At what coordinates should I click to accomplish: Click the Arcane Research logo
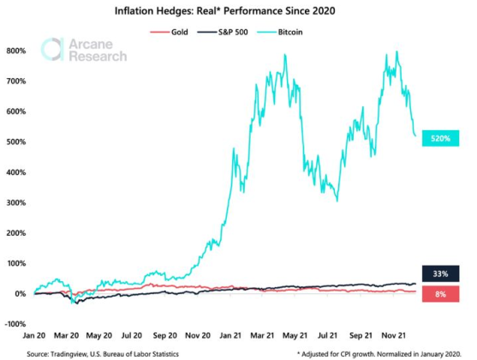[85, 51]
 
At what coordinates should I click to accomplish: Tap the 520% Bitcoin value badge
[442, 137]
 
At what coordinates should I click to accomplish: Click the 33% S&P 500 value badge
[442, 273]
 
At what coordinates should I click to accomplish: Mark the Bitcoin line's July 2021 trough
[337, 201]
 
